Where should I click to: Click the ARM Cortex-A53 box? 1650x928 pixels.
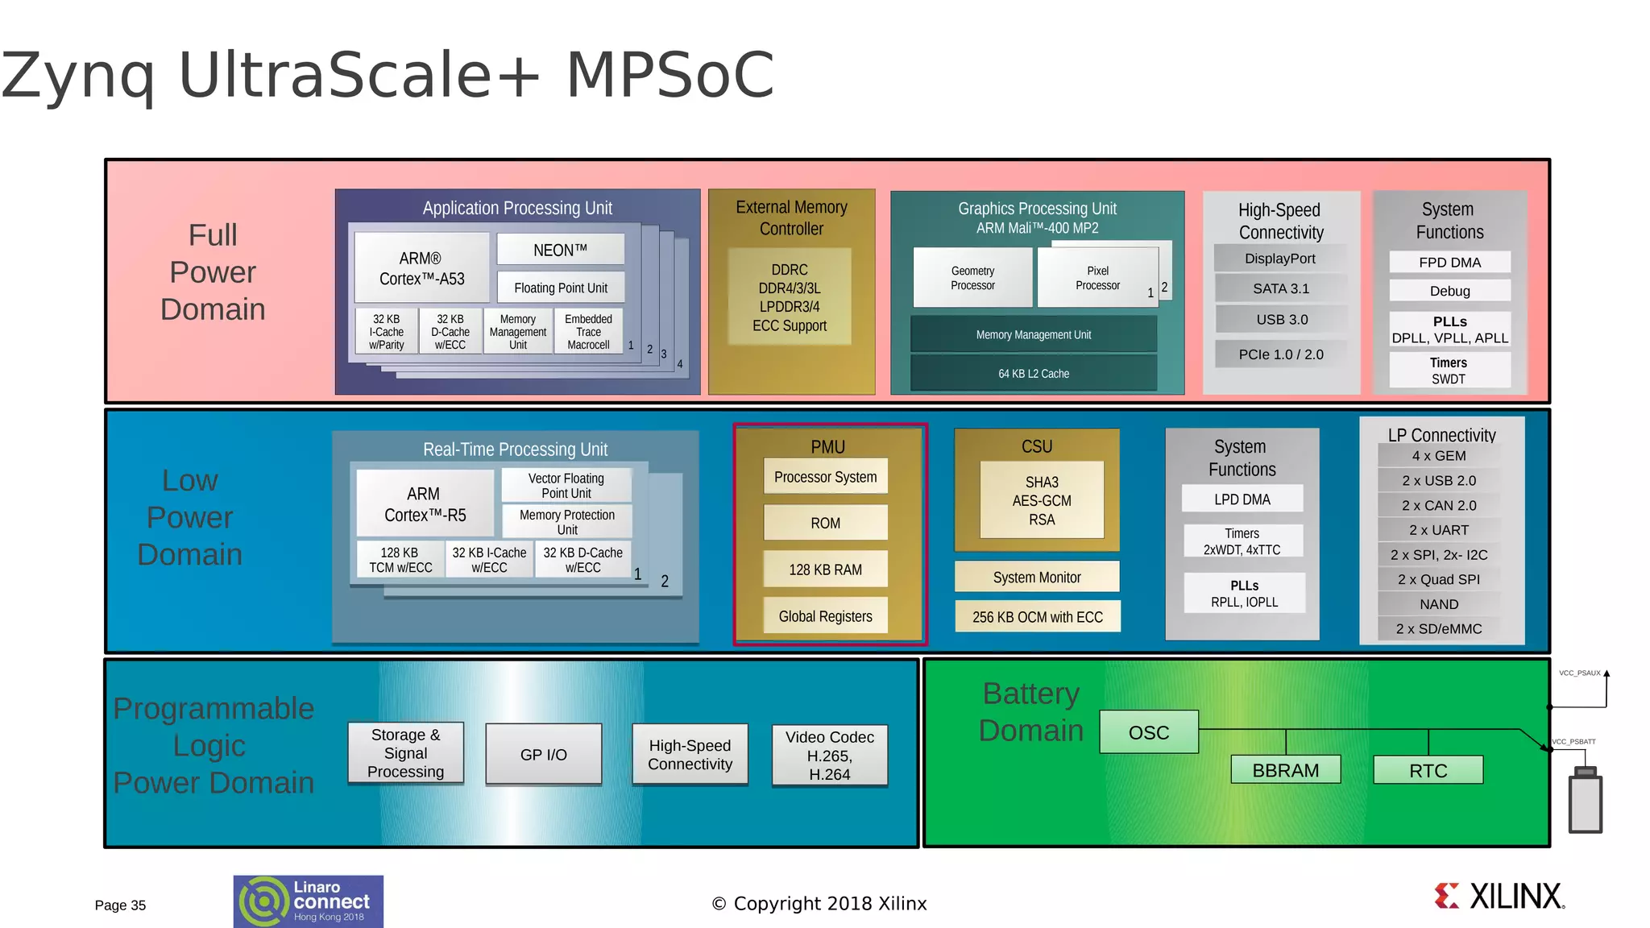point(421,268)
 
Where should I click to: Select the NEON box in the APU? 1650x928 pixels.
point(560,250)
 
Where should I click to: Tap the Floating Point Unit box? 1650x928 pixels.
point(560,288)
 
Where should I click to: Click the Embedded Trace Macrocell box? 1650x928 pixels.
point(588,332)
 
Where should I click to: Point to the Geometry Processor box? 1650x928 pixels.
point(972,278)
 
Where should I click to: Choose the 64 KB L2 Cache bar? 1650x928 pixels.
point(1034,374)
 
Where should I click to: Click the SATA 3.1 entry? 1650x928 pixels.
point(1280,288)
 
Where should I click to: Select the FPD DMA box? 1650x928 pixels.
point(1449,263)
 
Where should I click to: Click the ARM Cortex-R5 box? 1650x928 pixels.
point(425,504)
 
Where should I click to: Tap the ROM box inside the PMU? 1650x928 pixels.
point(825,523)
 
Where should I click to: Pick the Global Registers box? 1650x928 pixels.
point(825,616)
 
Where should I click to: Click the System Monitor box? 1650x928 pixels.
point(1037,578)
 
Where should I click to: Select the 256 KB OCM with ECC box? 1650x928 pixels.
point(1037,617)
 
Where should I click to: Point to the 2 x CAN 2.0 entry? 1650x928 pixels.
point(1439,506)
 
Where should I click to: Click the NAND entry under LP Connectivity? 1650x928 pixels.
point(1439,604)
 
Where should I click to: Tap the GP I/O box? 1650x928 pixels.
point(544,755)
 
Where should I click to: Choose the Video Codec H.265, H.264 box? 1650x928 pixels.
point(829,756)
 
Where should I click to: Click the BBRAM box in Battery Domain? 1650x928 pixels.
point(1285,770)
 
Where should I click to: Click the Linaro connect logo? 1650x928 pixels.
point(309,901)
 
